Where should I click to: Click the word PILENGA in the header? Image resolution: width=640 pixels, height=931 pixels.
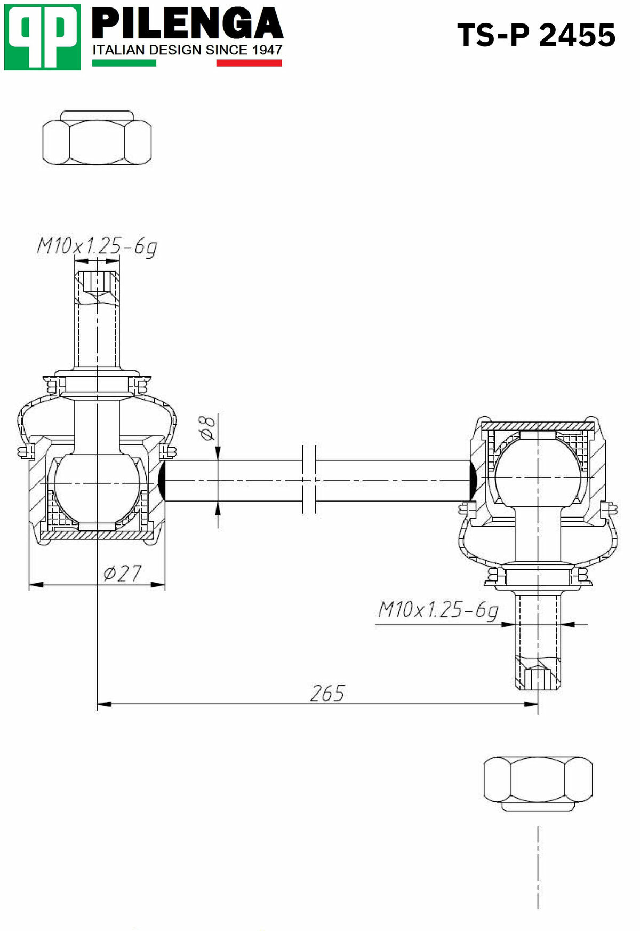coord(187,25)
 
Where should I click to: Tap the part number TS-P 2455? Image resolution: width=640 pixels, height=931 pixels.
coord(536,36)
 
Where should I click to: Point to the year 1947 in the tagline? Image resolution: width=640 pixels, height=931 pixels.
coord(267,50)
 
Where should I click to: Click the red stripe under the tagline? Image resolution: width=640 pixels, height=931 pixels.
coord(249,63)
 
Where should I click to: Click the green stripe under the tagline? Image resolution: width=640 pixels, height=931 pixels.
coord(124,63)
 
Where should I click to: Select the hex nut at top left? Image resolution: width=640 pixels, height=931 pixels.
coord(97,141)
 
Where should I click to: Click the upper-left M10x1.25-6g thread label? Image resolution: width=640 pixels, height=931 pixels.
coord(97,246)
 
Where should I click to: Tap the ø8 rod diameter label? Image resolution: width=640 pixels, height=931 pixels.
coord(208,427)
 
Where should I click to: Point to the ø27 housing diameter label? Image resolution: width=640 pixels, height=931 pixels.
coord(122,574)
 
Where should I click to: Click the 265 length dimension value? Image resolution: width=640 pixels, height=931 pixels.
coord(327,693)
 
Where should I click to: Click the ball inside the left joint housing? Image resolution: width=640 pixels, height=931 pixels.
coord(97,484)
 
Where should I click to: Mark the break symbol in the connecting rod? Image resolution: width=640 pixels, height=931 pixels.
coord(309,480)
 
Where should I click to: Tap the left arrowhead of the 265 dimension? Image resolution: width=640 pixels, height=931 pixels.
coord(104,704)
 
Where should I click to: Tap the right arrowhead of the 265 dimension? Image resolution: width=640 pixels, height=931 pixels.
coord(531,704)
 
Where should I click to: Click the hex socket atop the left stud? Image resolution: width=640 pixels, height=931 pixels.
coord(97,282)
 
